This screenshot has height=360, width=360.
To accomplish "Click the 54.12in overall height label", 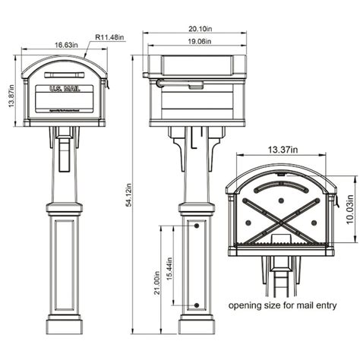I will (x=131, y=196).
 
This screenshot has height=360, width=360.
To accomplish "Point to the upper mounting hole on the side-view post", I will (x=197, y=226).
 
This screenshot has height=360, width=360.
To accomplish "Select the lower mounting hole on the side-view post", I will (x=197, y=305).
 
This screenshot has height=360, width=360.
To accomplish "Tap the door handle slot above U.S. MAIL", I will (x=63, y=75).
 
